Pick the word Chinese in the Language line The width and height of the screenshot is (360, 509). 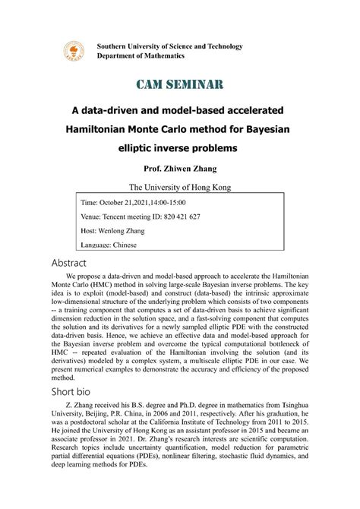(x=130, y=245)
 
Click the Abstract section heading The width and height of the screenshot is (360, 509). (x=90, y=262)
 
